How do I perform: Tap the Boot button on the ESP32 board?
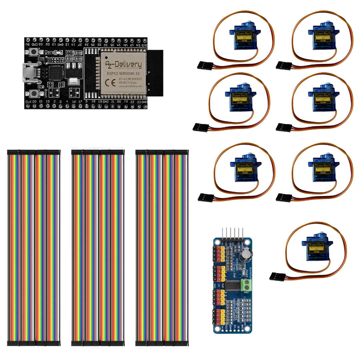pyautogui.click(x=33, y=93)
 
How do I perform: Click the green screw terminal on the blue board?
pyautogui.click(x=247, y=284)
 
